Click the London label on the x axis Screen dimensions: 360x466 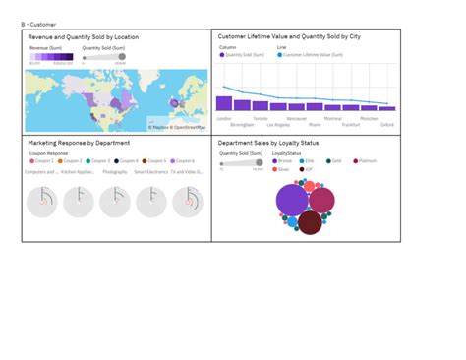[225, 118]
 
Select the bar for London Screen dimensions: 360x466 [224, 103]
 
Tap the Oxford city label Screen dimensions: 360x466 [388, 126]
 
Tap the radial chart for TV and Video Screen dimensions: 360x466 [187, 203]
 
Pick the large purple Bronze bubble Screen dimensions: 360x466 [292, 200]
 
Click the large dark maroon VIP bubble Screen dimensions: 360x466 [311, 222]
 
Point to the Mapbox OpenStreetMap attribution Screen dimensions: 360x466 [178, 127]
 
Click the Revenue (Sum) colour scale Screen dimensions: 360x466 [50, 58]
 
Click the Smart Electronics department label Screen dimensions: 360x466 [151, 171]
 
